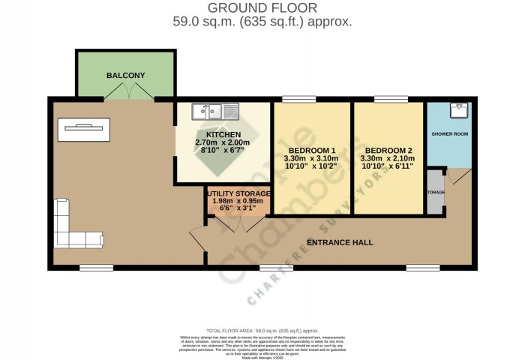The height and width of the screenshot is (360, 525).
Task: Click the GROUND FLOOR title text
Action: click(262, 7)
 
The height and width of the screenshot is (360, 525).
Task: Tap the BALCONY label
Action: click(125, 76)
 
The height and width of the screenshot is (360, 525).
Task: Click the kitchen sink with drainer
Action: click(214, 112)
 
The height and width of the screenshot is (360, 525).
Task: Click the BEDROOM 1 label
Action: click(311, 149)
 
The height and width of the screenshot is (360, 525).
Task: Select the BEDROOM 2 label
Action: click(390, 149)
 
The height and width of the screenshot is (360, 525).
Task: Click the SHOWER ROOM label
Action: click(449, 134)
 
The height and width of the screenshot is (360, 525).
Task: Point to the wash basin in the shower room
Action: click(459, 112)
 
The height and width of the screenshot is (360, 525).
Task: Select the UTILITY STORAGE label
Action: click(238, 193)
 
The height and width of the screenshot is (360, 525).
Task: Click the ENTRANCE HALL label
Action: click(340, 243)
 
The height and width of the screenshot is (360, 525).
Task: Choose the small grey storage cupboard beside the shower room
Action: click(435, 192)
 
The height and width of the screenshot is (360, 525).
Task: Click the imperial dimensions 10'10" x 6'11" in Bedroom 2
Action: click(390, 167)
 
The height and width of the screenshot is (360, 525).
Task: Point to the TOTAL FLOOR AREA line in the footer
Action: click(262, 330)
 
